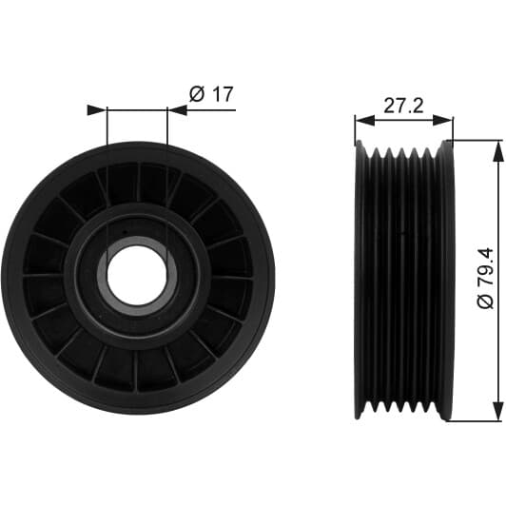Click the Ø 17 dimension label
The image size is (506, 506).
(x=211, y=94)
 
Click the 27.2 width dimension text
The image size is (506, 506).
(x=403, y=106)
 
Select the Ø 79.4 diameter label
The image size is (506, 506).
(x=485, y=278)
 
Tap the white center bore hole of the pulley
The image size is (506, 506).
(x=137, y=275)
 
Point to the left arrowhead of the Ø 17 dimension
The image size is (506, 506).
(x=97, y=110)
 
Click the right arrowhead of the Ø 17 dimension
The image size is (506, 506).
(x=177, y=110)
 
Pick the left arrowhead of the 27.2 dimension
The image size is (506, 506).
(x=364, y=121)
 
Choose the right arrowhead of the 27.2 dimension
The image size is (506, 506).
(x=443, y=121)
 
